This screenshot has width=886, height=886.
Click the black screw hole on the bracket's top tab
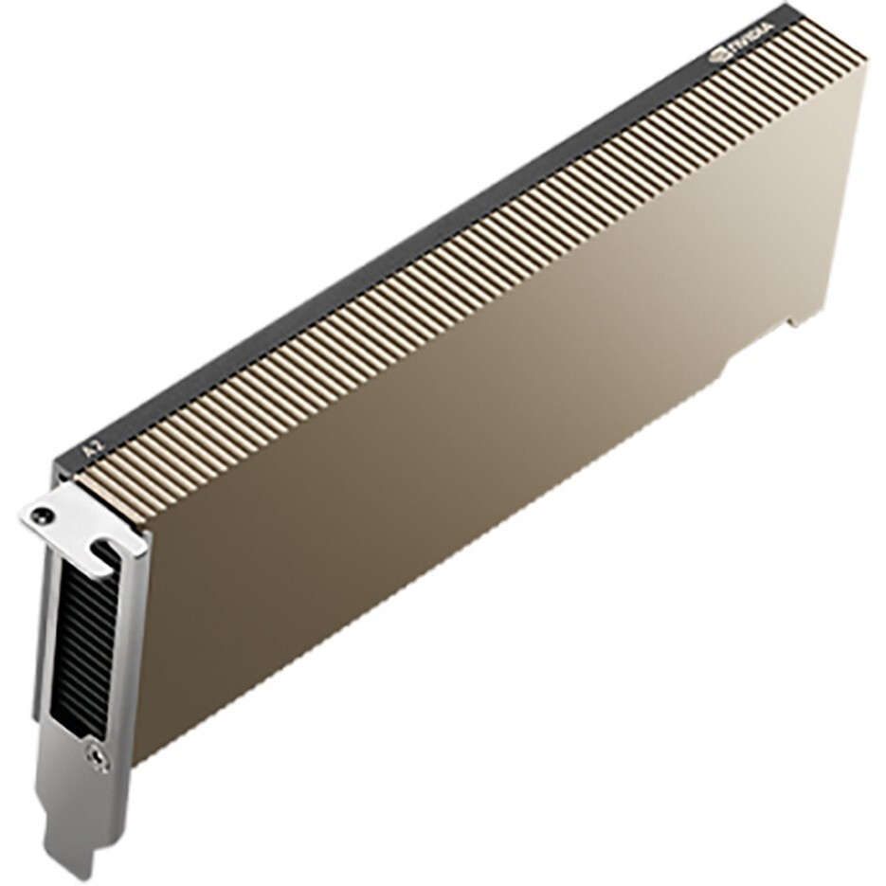[x=38, y=514]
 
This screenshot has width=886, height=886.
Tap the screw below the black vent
[x=96, y=755]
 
